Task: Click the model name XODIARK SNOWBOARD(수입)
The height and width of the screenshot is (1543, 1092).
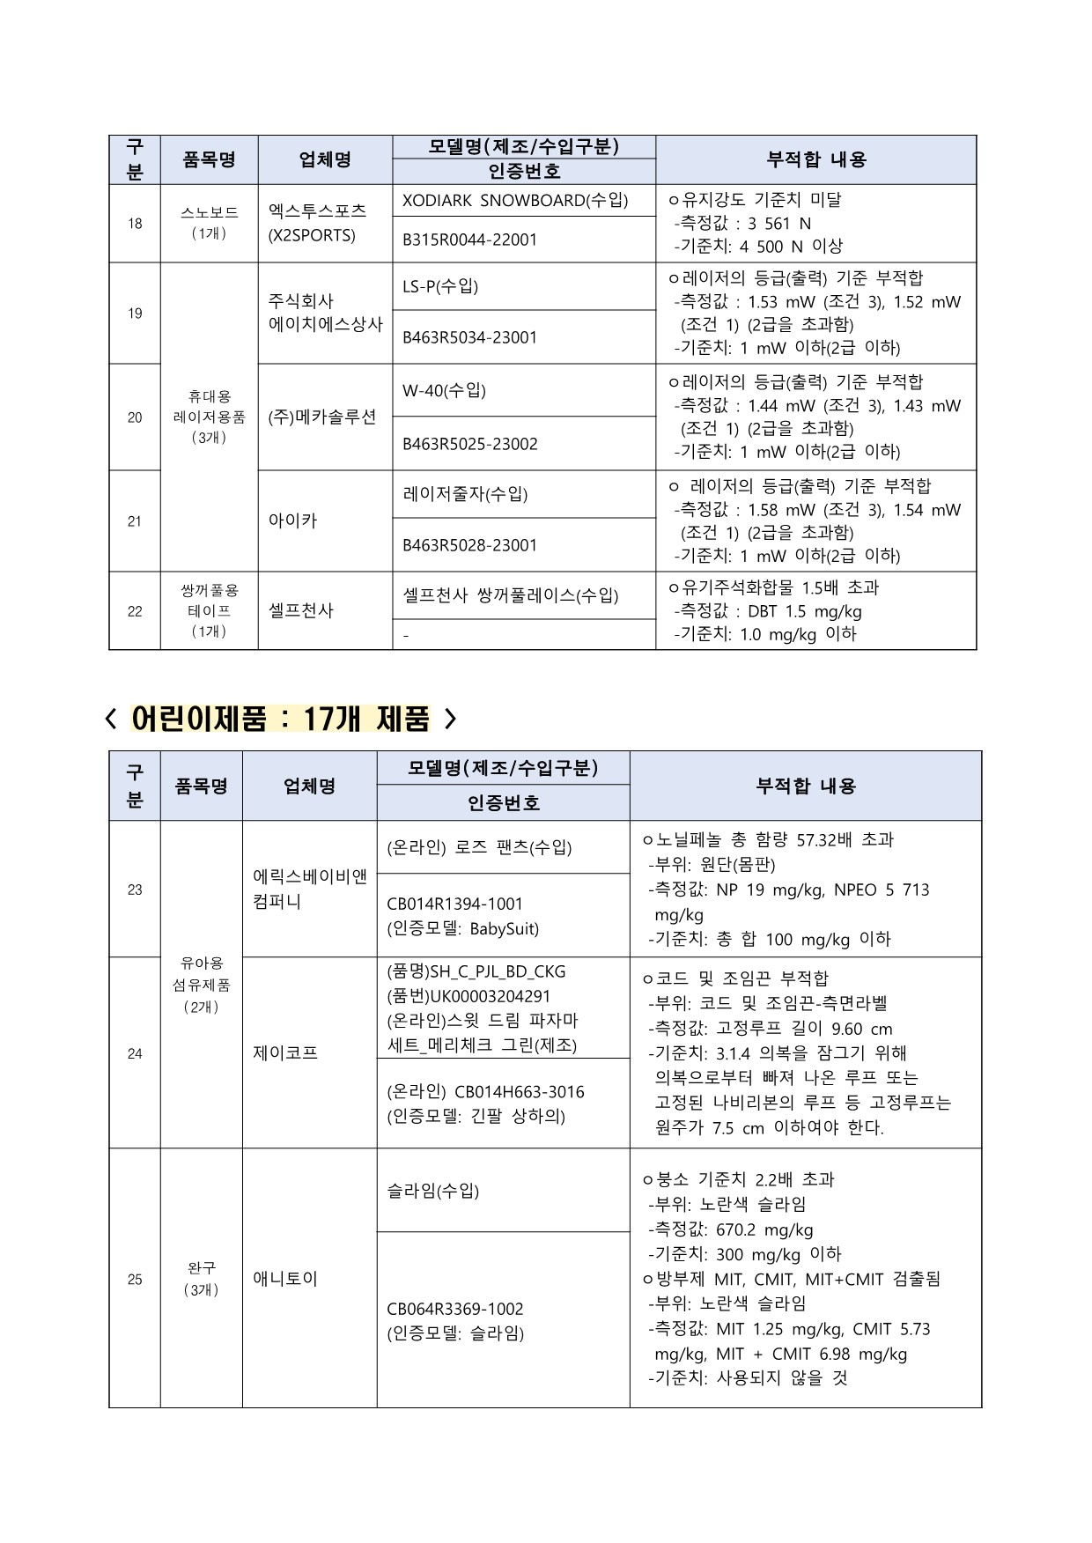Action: [x=515, y=200]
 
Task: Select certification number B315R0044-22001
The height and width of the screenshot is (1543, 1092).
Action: [x=469, y=240]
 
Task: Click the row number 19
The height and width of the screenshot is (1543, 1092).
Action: [x=135, y=314]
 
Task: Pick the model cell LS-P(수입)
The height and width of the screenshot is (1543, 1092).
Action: [x=440, y=286]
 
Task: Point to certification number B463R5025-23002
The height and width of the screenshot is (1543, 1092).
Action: [x=469, y=444]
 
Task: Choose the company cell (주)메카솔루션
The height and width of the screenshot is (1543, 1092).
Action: [x=322, y=417]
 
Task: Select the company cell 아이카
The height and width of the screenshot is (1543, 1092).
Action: [x=292, y=520]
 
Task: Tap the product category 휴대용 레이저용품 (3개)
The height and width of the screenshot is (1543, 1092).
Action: [x=209, y=417]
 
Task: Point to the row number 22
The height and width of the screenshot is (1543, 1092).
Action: [x=135, y=611]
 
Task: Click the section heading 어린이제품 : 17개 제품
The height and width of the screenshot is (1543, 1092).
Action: [x=280, y=720]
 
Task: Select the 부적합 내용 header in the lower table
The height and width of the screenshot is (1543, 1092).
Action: [x=805, y=786]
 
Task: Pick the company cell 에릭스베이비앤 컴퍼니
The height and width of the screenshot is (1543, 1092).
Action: [x=309, y=890]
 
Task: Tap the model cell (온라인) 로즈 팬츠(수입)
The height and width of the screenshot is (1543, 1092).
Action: [x=479, y=847]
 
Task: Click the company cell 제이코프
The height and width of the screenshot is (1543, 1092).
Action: [x=285, y=1052]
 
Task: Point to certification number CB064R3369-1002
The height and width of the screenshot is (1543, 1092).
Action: [x=455, y=1309]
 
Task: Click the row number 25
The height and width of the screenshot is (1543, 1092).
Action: [x=135, y=1279]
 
